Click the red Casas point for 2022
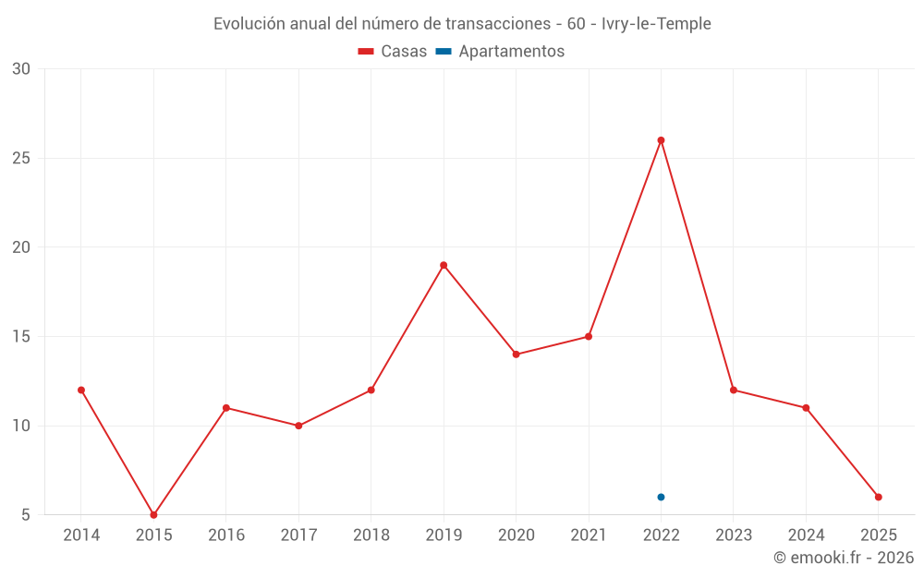pyautogui.click(x=661, y=140)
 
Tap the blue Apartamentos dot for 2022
pyautogui.click(x=661, y=497)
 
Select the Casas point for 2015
pyautogui.click(x=153, y=514)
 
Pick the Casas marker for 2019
pyautogui.click(x=444, y=265)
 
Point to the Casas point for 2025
pyautogui.click(x=879, y=497)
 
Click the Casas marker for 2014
pyautogui.click(x=81, y=390)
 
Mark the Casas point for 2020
pyautogui.click(x=516, y=355)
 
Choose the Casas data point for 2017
pyautogui.click(x=298, y=426)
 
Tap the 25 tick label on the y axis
pyautogui.click(x=21, y=158)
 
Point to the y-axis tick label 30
pyautogui.click(x=21, y=69)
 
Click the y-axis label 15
pyautogui.click(x=21, y=336)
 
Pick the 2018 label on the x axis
pyautogui.click(x=371, y=535)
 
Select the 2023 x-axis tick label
pyautogui.click(x=734, y=535)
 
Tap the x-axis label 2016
pyautogui.click(x=225, y=535)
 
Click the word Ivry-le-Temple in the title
pyautogui.click(x=656, y=24)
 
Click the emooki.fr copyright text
pyautogui.click(x=844, y=557)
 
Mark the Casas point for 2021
pyautogui.click(x=589, y=336)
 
